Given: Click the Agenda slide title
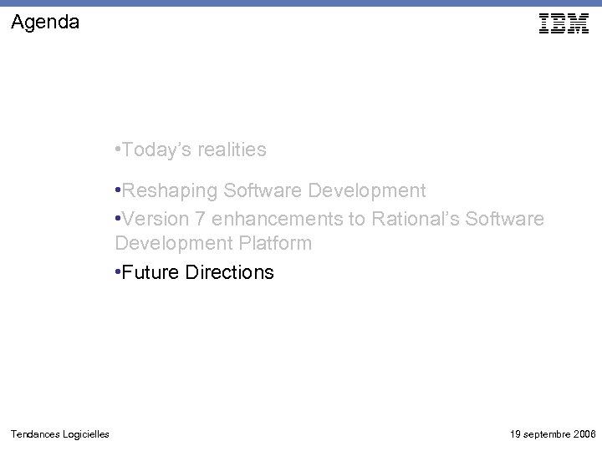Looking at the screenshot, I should tap(46, 23).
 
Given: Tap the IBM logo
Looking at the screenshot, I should tap(564, 24).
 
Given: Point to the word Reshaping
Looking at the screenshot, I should tap(169, 190).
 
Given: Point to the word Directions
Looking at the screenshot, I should tap(229, 272).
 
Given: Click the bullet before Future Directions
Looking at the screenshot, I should tap(118, 272).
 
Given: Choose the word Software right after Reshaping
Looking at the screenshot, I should tap(263, 190).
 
